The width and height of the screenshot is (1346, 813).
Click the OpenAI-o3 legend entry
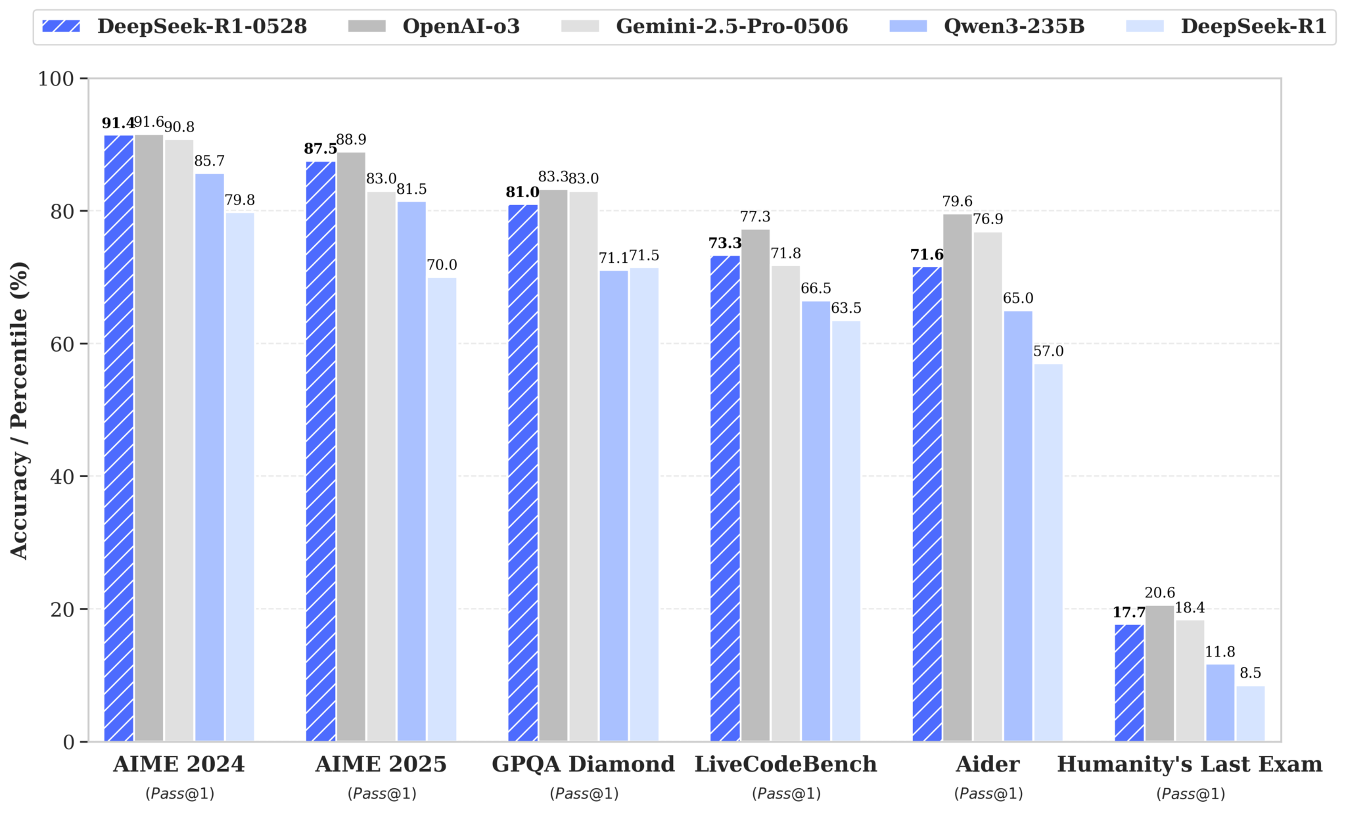[x=460, y=26]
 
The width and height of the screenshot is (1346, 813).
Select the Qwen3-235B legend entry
[x=1013, y=26]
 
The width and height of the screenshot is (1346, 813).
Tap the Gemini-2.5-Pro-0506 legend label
[x=731, y=26]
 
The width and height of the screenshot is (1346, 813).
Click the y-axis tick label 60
[x=63, y=344]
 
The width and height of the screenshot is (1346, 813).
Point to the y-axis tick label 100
[x=56, y=79]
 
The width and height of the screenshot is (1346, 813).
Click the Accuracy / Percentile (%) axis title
[x=19, y=410]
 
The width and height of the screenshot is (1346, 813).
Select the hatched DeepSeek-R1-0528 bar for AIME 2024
[x=119, y=438]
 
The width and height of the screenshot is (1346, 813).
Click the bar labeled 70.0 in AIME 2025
[x=442, y=509]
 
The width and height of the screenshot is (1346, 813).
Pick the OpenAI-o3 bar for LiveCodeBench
[x=755, y=485]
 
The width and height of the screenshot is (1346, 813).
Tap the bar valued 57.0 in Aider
[x=1048, y=552]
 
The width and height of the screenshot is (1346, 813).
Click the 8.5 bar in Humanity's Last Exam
[x=1250, y=713]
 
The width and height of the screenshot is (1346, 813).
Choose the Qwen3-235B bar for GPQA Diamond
[x=613, y=505]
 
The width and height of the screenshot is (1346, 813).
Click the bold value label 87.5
[x=320, y=149]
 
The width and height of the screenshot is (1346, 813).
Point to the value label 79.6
[x=957, y=202]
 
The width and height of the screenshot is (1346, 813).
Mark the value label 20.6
[x=1159, y=593]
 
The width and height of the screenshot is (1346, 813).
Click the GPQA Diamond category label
[x=583, y=764]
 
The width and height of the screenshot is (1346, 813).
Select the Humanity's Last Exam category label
[x=1190, y=764]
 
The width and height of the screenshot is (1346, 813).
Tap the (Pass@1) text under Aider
[x=988, y=794]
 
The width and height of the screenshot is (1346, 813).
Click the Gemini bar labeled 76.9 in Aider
[x=987, y=486]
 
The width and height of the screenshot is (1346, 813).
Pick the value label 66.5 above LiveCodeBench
[x=816, y=289]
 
